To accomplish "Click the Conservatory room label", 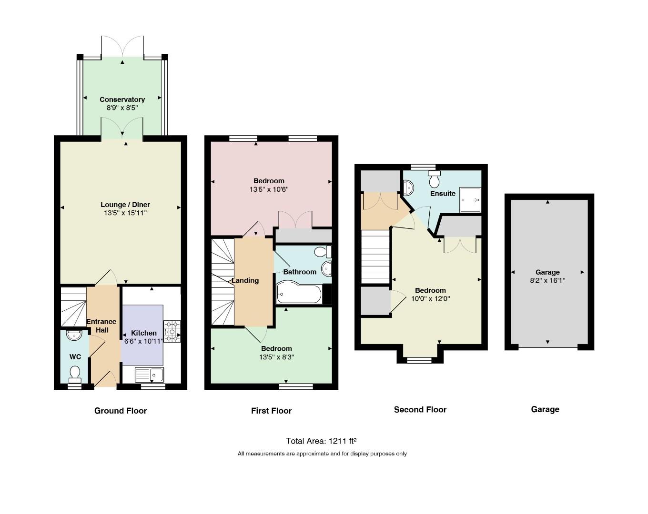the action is [122, 99].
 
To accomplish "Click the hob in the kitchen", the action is [172, 331].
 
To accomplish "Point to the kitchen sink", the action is [150, 375].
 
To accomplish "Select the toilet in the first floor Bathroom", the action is [323, 252].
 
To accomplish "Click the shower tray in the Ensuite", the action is [470, 200].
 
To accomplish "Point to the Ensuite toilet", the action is [434, 179].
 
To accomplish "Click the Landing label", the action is [245, 280].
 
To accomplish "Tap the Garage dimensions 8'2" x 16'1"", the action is [547, 280].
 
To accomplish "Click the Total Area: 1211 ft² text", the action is [321, 441].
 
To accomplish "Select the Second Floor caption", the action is [420, 409].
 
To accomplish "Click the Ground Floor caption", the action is [121, 411].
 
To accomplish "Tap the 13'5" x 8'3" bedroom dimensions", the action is [276, 357].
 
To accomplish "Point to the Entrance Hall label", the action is [101, 326].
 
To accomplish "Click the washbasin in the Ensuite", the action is [408, 188].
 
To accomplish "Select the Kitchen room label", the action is [143, 333].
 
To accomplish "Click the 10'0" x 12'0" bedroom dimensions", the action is [430, 299].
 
